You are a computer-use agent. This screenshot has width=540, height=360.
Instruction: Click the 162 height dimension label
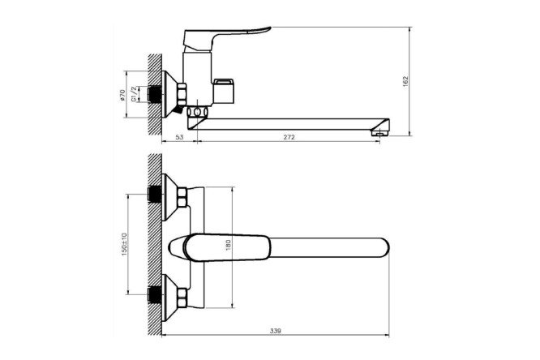pos(405,81)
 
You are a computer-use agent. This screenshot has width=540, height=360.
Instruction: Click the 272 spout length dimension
pos(289,137)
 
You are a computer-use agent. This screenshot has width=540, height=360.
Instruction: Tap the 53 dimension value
pos(179,137)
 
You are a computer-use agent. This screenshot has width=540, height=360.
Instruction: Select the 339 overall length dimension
pos(276,331)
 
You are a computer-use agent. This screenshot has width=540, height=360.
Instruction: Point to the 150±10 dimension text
pos(124,244)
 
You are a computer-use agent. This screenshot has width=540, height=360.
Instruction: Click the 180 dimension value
pos(229,245)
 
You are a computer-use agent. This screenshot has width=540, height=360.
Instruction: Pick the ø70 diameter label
pos(122,95)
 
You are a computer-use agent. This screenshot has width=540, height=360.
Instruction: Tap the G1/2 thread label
pos(134,94)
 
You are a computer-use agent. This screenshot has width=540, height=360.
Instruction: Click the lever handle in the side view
pos(227,37)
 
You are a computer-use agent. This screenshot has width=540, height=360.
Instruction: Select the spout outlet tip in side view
pos(380,131)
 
